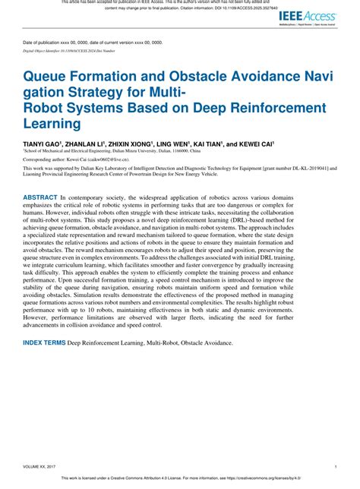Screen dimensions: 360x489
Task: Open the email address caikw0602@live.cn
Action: [94, 161]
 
